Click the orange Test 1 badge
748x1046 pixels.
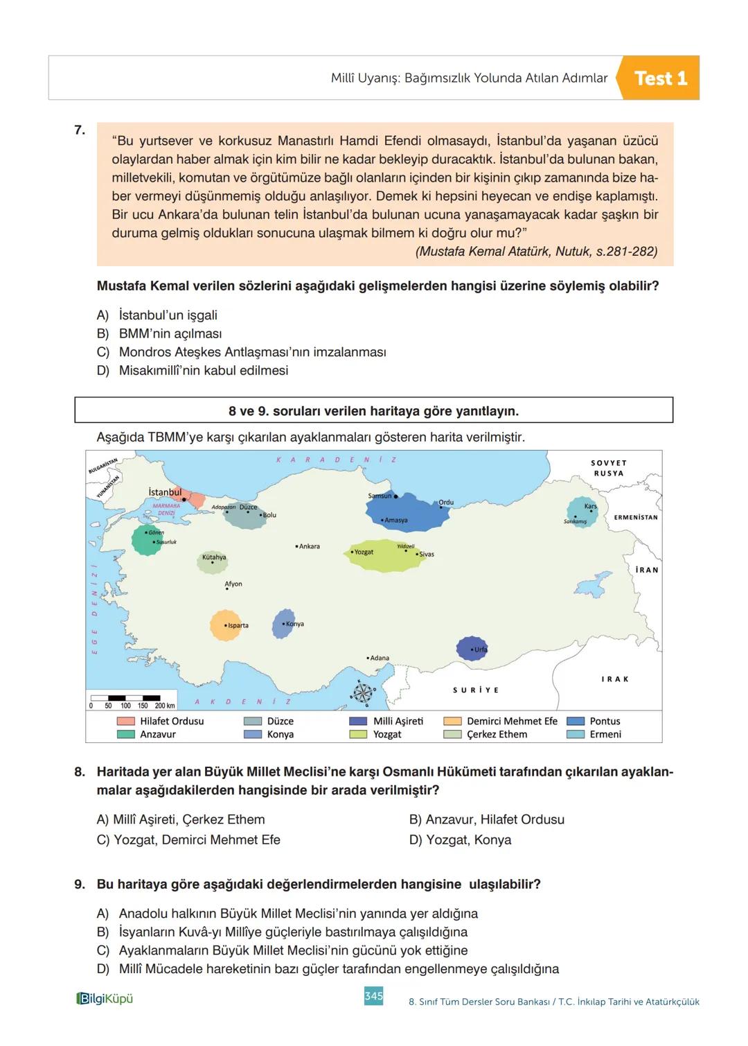point(660,78)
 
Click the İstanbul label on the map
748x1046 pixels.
point(165,492)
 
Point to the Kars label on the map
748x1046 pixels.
point(590,507)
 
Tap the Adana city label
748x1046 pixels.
point(378,658)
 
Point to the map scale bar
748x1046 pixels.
point(132,701)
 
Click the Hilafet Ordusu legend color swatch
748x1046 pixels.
point(125,721)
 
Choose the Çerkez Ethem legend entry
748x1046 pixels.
point(497,734)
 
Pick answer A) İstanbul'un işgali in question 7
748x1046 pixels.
point(168,315)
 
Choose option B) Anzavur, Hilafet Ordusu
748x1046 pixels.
point(486,819)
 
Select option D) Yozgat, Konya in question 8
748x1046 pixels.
point(460,839)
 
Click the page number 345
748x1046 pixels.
point(373,996)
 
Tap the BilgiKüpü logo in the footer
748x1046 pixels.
point(104,998)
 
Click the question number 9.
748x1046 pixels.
point(80,884)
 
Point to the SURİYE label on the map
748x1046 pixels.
point(476,690)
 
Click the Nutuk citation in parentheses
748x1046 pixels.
point(536,252)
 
